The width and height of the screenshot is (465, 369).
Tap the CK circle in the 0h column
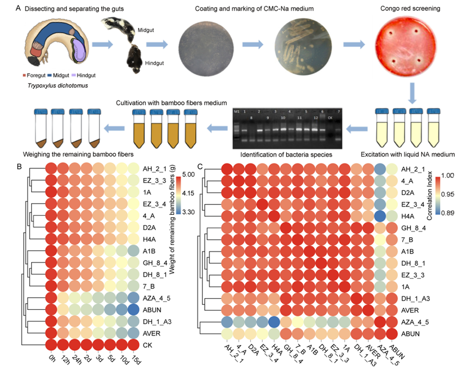tap(51, 345)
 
